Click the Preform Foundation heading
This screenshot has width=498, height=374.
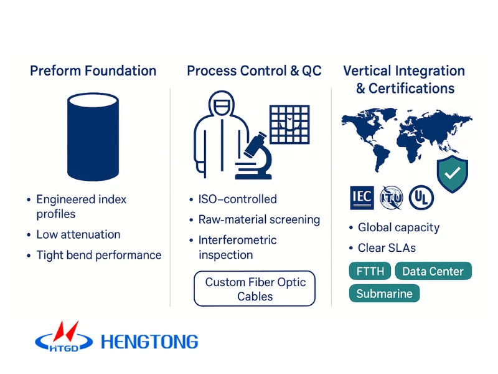click(x=93, y=70)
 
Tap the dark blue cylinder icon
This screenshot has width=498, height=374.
click(x=93, y=137)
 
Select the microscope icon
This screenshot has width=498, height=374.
click(x=254, y=156)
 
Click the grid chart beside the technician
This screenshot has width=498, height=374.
click(x=289, y=124)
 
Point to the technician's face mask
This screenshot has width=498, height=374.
click(x=222, y=106)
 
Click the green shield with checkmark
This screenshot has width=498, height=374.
click(x=453, y=174)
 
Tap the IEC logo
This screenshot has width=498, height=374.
click(x=362, y=198)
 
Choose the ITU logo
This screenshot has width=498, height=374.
click(x=392, y=198)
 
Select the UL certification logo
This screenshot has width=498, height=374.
click(x=421, y=198)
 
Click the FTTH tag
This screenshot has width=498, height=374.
click(x=370, y=271)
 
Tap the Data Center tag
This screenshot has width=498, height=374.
click(x=433, y=271)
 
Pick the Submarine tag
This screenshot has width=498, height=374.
click(x=384, y=293)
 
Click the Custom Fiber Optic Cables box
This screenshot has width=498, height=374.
click(x=255, y=289)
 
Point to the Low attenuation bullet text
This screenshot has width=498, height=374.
click(x=78, y=234)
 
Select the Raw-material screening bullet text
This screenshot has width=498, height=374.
click(x=259, y=219)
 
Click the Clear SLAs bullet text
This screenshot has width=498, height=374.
click(x=387, y=247)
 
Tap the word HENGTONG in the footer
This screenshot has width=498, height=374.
click(x=149, y=342)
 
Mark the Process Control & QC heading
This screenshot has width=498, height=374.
click(x=254, y=70)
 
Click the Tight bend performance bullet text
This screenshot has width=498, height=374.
click(x=99, y=255)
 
